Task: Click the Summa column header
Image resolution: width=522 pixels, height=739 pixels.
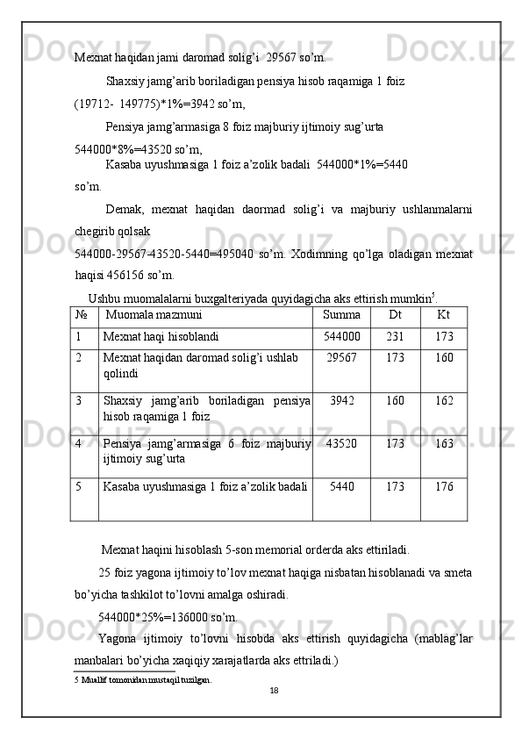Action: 341,314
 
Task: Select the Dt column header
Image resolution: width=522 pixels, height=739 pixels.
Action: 395,314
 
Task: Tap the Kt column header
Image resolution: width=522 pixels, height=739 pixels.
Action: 443,314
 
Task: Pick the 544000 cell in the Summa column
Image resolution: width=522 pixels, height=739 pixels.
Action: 342,336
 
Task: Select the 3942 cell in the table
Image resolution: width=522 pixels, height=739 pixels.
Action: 341,401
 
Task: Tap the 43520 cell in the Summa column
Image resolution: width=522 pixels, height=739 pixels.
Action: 341,444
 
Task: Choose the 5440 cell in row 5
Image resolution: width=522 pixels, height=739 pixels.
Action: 341,486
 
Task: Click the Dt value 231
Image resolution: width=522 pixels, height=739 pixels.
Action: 395,336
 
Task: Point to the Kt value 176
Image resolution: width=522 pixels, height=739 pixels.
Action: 444,486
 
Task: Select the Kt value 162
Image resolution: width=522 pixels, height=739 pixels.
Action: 444,401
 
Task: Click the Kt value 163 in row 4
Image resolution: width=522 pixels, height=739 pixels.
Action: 444,444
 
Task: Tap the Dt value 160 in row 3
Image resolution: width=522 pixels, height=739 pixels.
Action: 395,401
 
